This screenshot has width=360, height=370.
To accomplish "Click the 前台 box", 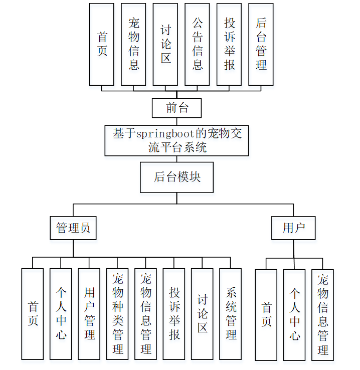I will coord(177,107).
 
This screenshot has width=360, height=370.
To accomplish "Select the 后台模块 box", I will coord(176,177).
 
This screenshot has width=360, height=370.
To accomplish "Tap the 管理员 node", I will coord(73,228).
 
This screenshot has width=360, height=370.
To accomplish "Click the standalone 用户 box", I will coord(294,228).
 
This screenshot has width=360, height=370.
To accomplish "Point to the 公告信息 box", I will coord(197,44).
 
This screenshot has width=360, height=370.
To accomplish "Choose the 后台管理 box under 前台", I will coord(261,44).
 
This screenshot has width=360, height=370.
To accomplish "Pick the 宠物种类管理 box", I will coord(118,314).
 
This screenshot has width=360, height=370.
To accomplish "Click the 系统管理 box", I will coord(231,314).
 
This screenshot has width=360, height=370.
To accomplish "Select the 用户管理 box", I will coord(89,314).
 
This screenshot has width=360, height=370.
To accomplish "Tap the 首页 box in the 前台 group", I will coord(102,44).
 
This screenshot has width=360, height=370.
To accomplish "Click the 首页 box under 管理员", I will coord(33,314).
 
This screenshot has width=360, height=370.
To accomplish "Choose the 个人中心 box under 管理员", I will coord(61,314).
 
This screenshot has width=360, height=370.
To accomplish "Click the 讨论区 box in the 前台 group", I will coord(165,44).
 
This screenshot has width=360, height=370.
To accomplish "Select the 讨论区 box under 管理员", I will coord(202,314).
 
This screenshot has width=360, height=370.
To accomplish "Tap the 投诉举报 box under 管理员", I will coord(174,314).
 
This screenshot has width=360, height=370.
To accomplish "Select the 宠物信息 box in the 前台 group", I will coord(133,44).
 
